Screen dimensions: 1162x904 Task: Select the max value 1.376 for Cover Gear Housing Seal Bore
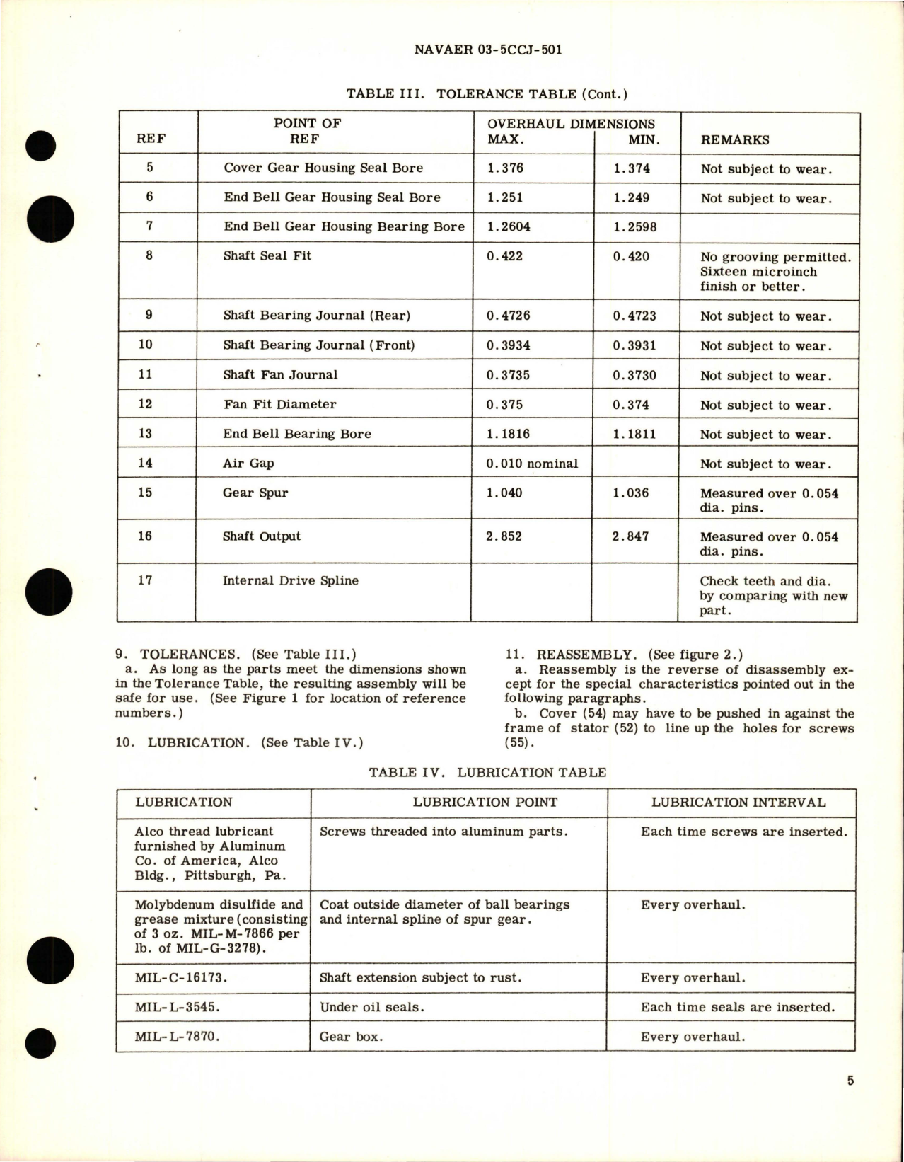(x=505, y=168)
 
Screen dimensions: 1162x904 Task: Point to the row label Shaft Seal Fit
(x=267, y=256)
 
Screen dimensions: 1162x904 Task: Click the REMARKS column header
(x=735, y=140)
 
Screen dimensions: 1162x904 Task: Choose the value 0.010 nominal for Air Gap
(x=532, y=464)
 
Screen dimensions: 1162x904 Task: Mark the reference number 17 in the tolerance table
(x=145, y=580)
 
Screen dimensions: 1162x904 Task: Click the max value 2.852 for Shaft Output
(x=504, y=536)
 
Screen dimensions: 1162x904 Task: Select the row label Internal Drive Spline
(x=291, y=581)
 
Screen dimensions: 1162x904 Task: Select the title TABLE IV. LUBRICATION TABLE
(x=487, y=772)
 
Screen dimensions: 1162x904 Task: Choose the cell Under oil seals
(x=372, y=1007)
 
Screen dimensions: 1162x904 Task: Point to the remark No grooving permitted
(x=776, y=257)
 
